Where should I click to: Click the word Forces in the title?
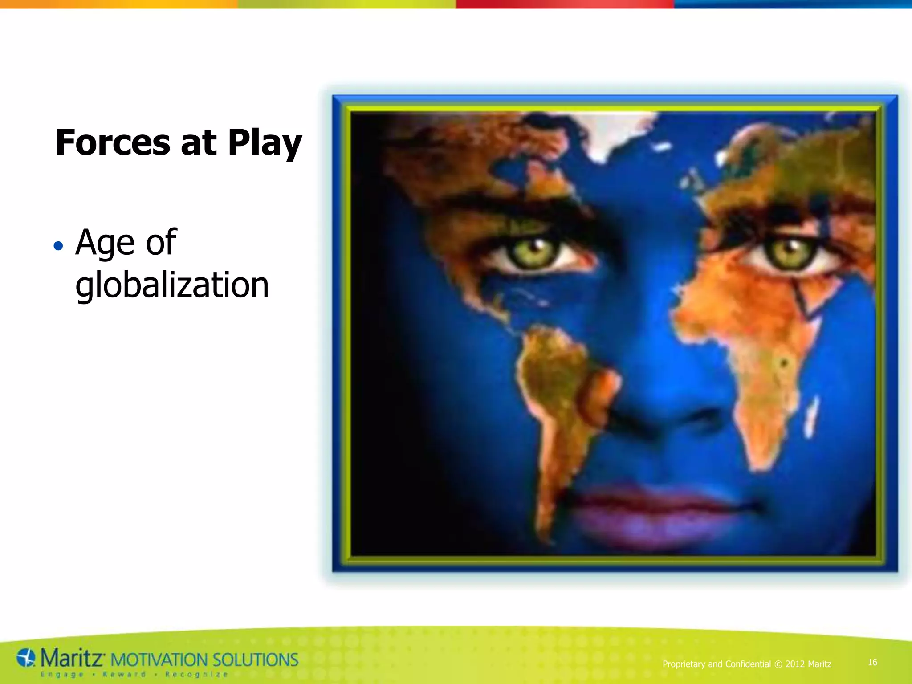[x=113, y=142]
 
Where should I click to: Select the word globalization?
[x=172, y=285]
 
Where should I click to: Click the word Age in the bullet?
[x=105, y=243]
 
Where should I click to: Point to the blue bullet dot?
[x=58, y=246]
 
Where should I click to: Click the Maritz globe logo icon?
[x=26, y=658]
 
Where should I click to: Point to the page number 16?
[x=872, y=663]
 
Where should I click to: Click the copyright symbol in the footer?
[x=778, y=664]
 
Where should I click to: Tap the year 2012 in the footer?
[x=795, y=664]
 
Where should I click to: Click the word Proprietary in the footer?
[x=684, y=664]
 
